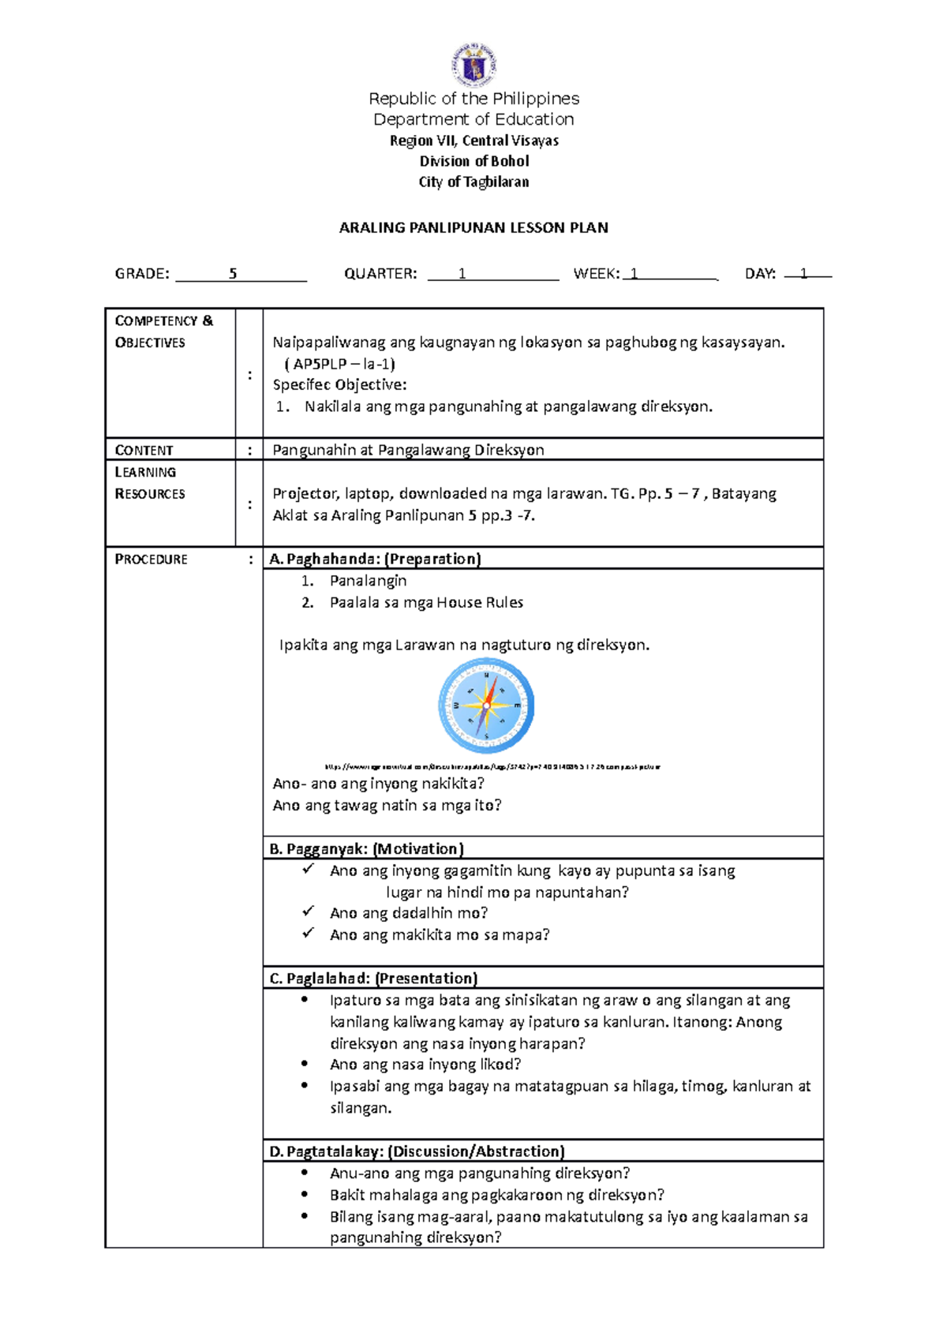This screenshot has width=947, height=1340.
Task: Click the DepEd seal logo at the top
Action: point(473,65)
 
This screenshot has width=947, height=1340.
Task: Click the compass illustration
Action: point(486,706)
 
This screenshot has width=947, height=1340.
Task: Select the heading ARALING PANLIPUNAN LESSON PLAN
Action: point(473,228)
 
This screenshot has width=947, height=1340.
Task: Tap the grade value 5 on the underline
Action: point(233,274)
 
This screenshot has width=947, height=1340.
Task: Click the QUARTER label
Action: point(380,274)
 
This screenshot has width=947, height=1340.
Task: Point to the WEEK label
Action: point(596,274)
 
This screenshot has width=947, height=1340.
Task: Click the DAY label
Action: point(760,274)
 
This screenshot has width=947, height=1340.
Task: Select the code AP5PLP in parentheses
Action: point(320,364)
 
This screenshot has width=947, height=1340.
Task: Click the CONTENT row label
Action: point(144,450)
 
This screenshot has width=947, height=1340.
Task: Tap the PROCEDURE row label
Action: point(152,559)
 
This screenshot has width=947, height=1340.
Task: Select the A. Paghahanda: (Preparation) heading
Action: point(375,559)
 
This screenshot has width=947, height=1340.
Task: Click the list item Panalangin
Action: point(368,581)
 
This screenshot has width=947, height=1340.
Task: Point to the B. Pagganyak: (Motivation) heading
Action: point(366,849)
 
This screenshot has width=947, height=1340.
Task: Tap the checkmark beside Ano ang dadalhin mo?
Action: point(308,911)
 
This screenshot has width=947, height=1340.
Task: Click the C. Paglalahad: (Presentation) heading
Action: point(373,979)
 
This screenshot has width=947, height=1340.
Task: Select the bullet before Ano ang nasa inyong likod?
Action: point(305,1064)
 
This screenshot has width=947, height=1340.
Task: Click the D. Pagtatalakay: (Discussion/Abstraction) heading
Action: point(417,1151)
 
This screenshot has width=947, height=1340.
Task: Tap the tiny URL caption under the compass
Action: point(492,766)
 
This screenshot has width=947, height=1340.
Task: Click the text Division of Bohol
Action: point(473,161)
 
